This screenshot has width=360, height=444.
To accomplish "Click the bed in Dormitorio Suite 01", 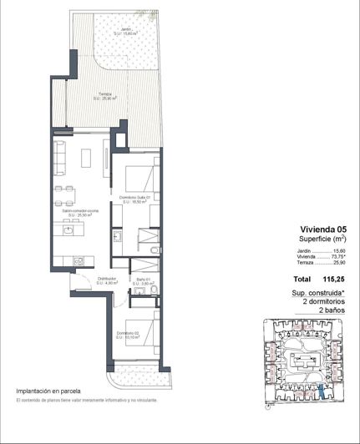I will [x=136, y=179].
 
